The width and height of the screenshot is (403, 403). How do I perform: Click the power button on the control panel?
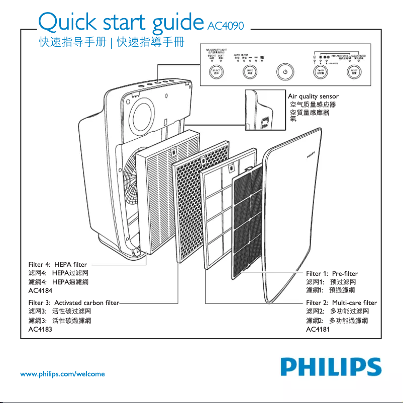(285, 72)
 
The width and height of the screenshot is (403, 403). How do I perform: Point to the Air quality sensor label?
(313, 96)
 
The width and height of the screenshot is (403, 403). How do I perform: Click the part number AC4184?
(41, 290)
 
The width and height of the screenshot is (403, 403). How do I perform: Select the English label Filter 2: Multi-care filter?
(341, 303)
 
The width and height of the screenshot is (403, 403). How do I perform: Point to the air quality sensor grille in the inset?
(265, 121)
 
